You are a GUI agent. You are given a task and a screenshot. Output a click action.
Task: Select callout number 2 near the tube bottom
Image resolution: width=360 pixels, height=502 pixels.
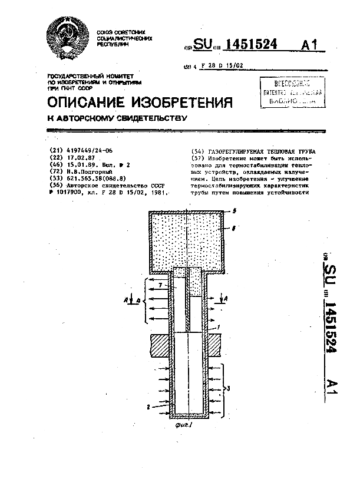pyautogui.click(x=150, y=406)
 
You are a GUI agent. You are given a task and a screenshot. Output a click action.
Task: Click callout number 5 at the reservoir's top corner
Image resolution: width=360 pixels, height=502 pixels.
pyautogui.click(x=233, y=210)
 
